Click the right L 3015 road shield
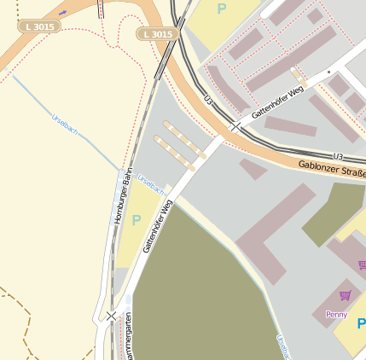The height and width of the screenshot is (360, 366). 158,34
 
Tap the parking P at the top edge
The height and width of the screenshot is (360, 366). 222,9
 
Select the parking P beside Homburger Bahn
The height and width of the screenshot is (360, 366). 137,220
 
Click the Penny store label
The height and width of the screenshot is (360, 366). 336,314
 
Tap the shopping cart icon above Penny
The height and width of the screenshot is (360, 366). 345,296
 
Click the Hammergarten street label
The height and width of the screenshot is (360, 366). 129,338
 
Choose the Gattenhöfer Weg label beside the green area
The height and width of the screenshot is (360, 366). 158,227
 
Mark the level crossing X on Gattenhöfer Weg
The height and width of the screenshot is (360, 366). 235,126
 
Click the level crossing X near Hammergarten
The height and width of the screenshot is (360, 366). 111,316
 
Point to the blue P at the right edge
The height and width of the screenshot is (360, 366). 361,324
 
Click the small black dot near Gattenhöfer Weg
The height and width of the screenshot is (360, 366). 327,73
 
